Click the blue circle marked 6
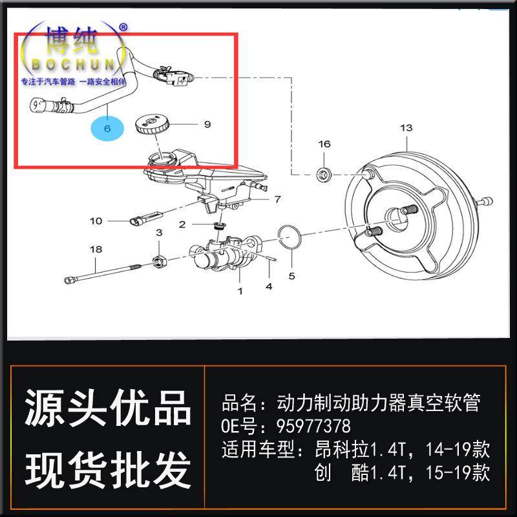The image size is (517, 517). pyautogui.click(x=107, y=128)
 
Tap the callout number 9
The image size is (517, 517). pyautogui.click(x=207, y=124)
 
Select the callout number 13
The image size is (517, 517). pyautogui.click(x=406, y=128)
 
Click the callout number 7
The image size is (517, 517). pyautogui.click(x=277, y=198)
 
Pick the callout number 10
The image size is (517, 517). pyautogui.click(x=96, y=221)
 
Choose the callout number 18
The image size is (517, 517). pyautogui.click(x=96, y=249)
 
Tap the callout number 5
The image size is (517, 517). pyautogui.click(x=291, y=276)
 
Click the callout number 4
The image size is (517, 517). pyautogui.click(x=269, y=286)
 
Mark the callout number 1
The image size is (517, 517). pyautogui.click(x=240, y=291)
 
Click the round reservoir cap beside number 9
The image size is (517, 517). pyautogui.click(x=153, y=123)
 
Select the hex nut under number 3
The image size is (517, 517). pyautogui.click(x=159, y=260)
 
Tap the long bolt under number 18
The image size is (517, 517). pyautogui.click(x=103, y=272)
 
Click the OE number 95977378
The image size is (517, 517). pyautogui.click(x=313, y=427)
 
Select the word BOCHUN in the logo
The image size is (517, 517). pyautogui.click(x=71, y=65)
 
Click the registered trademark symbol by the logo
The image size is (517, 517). pyautogui.click(x=124, y=27)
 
